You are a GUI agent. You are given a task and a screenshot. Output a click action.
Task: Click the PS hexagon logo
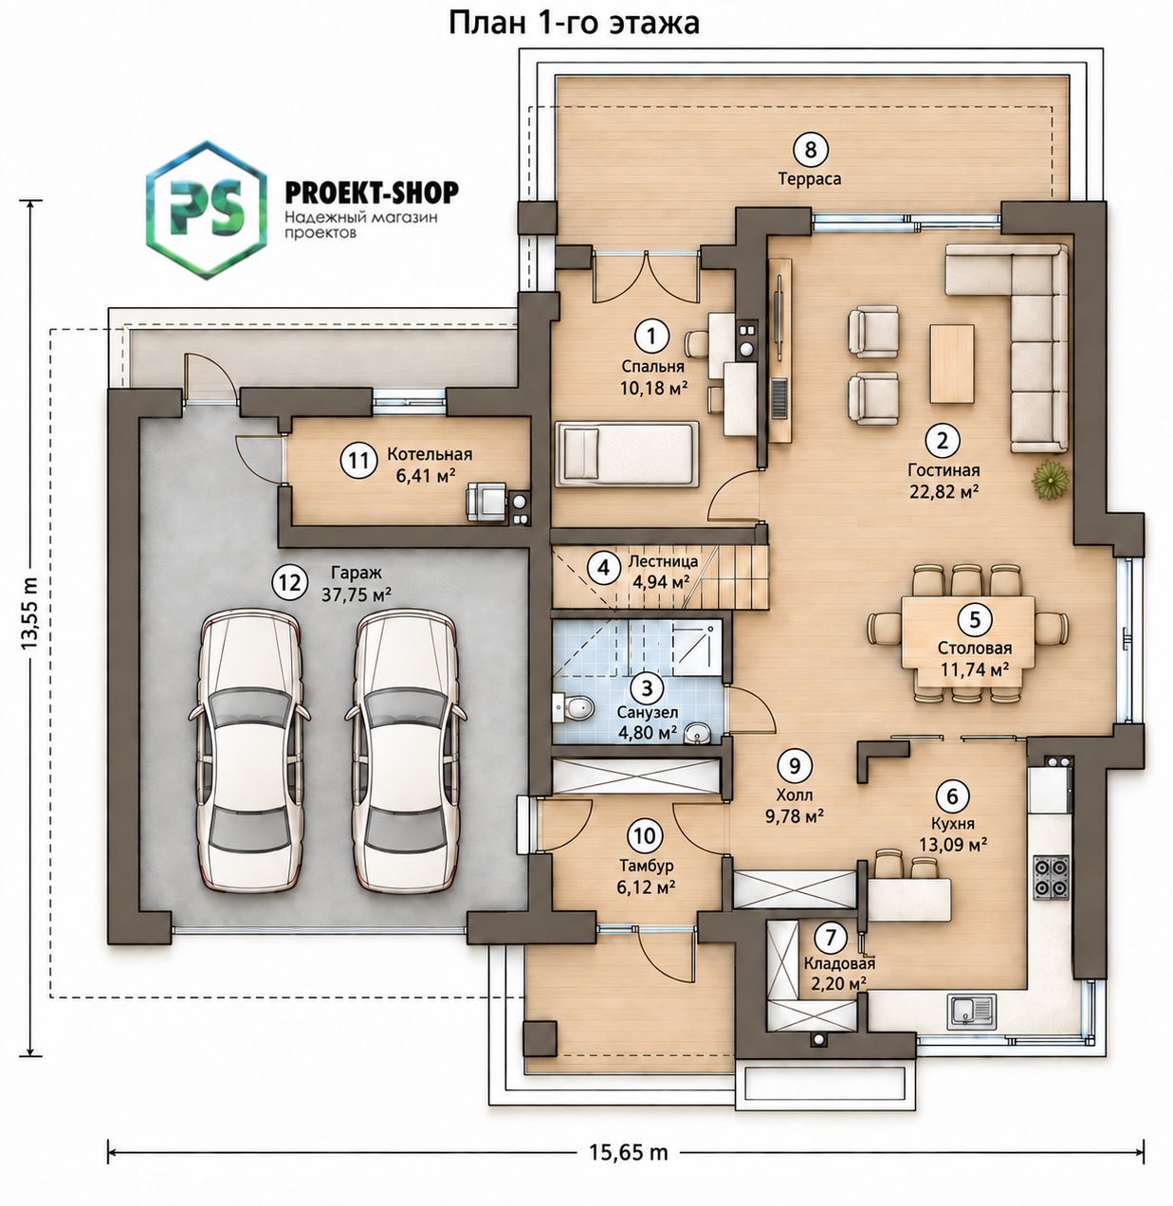[207, 210]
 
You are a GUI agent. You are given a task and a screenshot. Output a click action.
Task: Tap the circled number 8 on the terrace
[810, 150]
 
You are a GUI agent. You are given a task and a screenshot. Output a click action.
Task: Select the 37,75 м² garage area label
[356, 595]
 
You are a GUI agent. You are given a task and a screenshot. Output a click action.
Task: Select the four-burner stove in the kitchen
[1051, 878]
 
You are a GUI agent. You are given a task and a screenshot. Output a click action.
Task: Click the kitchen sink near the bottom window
[971, 1012]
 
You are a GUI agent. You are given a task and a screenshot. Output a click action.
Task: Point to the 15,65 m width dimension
[627, 1153]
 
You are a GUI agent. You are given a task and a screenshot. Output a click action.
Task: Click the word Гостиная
[943, 469]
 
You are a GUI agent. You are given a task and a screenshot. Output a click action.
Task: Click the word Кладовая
[839, 963]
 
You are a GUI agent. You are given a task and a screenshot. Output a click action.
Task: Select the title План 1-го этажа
[574, 23]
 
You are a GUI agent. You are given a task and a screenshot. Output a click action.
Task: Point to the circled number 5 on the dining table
[974, 620]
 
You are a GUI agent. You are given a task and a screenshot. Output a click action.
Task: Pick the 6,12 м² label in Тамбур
[646, 888]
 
